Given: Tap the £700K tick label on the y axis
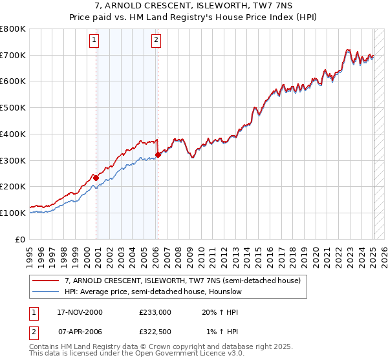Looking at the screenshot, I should [x=13, y=56].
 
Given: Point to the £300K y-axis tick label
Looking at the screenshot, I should [x=13, y=160].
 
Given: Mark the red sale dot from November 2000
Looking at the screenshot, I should [x=96, y=178].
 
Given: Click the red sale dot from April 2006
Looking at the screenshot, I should [x=158, y=154].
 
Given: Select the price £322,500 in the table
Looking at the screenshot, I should [x=155, y=333].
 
